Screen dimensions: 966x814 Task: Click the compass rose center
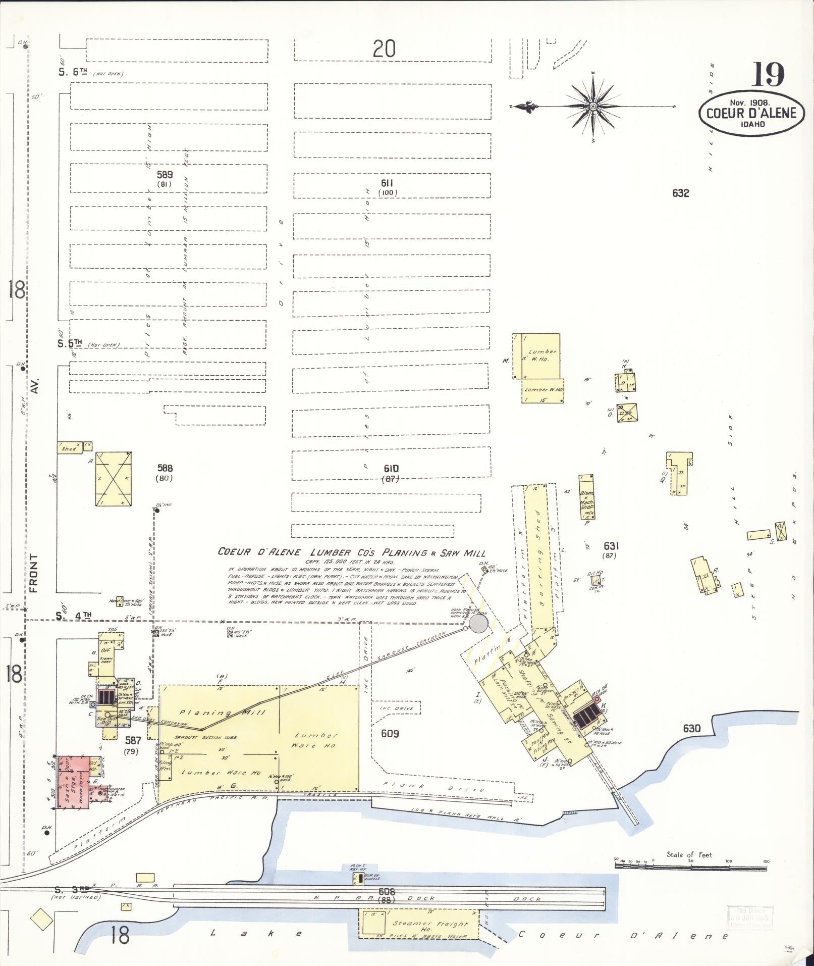593,107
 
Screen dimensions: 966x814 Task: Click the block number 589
165,175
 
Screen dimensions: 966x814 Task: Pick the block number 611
387,183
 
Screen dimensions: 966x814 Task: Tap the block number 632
680,193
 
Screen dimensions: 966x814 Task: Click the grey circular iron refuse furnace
478,625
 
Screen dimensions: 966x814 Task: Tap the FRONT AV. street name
34,573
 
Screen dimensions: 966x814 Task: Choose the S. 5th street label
70,343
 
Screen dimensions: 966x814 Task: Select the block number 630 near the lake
691,728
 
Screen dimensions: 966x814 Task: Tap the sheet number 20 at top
384,49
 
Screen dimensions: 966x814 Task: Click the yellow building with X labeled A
114,479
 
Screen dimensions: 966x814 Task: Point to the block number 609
390,733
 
